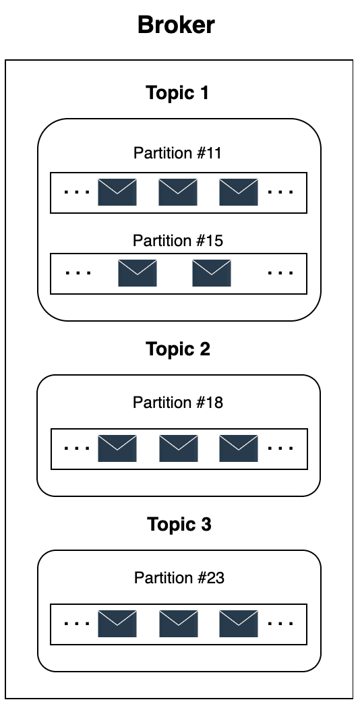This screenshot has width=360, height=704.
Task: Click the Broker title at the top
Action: coord(176,25)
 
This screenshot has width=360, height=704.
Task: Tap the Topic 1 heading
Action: coord(178,93)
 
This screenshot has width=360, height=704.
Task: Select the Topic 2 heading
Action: coord(178,349)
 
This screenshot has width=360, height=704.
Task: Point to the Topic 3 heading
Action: coord(179,524)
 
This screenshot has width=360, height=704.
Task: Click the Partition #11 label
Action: coord(178,153)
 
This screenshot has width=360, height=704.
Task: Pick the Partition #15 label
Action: coord(178,241)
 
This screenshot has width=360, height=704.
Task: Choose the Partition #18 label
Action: coord(178,403)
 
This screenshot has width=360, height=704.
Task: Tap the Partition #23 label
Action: coord(179,577)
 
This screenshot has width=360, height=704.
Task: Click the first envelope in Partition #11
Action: coord(117,192)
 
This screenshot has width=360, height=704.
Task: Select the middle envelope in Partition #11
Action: coord(178,192)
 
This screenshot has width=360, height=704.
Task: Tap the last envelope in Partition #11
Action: coord(239,192)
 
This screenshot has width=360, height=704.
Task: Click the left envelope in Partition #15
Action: coord(138,273)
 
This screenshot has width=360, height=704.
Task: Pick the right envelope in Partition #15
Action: coord(212,273)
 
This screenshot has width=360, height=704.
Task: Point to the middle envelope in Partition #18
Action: coord(179,448)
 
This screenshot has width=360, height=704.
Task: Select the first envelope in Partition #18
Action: coord(117,448)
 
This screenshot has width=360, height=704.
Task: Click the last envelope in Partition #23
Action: coord(239,623)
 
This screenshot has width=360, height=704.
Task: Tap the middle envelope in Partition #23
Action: coord(179,623)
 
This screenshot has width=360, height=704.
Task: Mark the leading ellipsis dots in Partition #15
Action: coord(78,272)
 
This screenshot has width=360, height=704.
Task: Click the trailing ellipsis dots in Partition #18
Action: coord(280,448)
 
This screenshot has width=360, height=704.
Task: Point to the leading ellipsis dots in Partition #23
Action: coord(78,623)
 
